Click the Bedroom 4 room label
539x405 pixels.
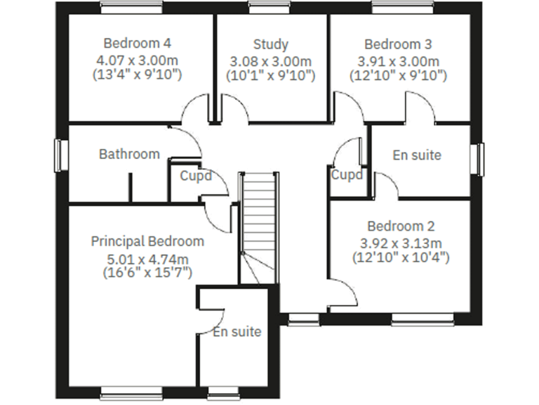(137, 42)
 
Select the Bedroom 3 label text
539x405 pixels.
(398, 44)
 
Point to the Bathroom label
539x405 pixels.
(129, 154)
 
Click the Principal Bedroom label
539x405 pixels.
(147, 241)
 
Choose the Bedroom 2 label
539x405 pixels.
(401, 226)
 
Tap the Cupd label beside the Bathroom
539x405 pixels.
(196, 176)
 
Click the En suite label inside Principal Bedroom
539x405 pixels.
(237, 332)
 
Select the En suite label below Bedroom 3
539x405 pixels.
(417, 155)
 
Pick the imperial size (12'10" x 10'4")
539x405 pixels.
(401, 257)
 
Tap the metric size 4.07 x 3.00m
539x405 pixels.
(137, 59)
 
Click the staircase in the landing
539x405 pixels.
(259, 225)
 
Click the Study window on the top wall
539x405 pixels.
(269, 8)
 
